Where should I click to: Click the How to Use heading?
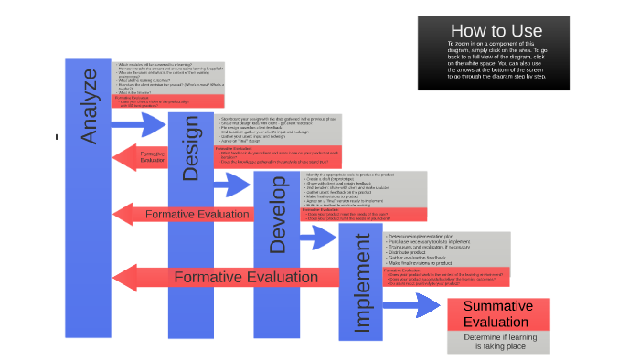pos(496,30)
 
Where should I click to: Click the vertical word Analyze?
pos(89,120)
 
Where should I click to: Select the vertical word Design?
pos(190,148)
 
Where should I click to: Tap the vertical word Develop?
pos(279,219)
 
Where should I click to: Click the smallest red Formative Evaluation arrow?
pos(146,156)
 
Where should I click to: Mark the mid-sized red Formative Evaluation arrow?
pos(183,214)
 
